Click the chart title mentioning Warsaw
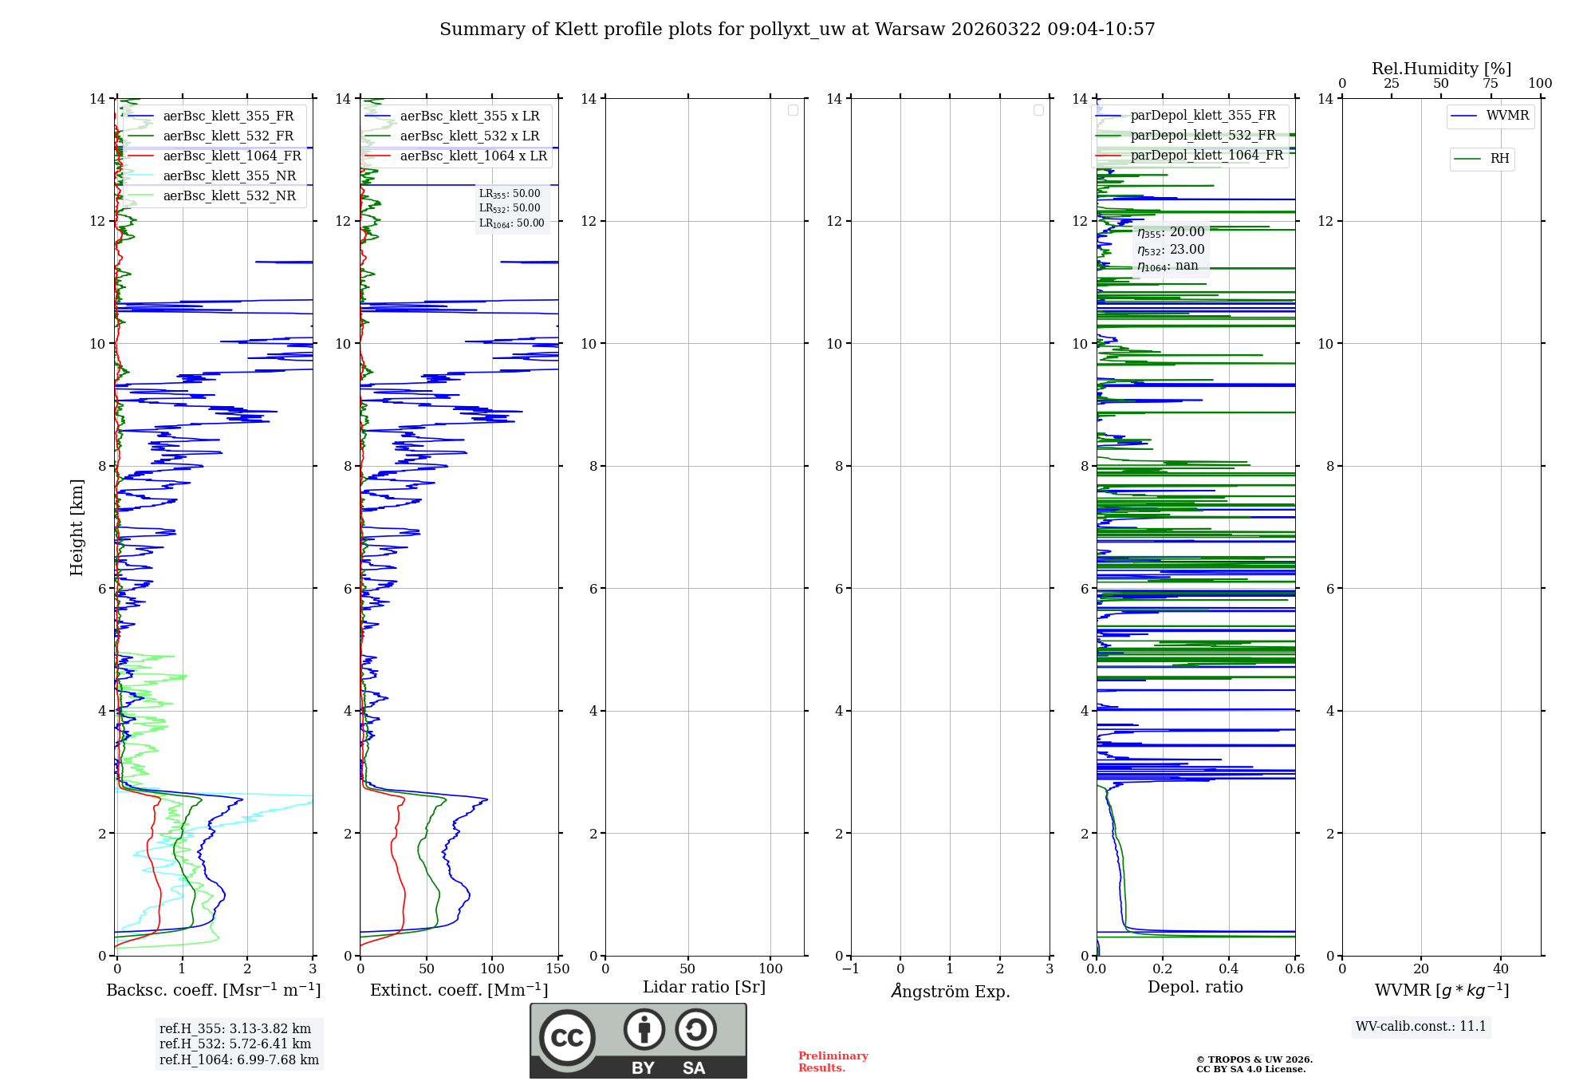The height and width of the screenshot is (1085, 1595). tap(797, 30)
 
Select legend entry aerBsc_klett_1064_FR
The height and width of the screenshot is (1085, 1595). tap(232, 156)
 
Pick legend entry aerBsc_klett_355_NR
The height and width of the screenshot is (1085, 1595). tap(229, 176)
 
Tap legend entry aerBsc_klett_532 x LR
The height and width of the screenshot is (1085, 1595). tap(469, 136)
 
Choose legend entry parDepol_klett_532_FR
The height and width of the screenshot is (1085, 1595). tap(1203, 136)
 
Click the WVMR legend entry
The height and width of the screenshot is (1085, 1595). tap(1507, 116)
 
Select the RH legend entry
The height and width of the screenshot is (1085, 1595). tap(1499, 159)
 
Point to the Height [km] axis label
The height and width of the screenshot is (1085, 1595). tap(77, 527)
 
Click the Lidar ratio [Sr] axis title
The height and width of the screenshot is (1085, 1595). tap(704, 988)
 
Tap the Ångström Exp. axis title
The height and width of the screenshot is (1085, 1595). tap(950, 992)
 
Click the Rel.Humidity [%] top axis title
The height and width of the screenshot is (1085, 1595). tap(1441, 69)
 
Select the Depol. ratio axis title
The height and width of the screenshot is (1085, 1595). tap(1195, 988)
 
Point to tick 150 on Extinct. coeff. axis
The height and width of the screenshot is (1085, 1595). tap(558, 969)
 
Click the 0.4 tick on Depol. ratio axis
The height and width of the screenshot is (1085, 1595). tap(1229, 969)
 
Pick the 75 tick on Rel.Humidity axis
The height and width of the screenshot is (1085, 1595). tap(1491, 84)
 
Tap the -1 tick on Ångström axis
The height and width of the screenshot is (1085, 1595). tap(850, 969)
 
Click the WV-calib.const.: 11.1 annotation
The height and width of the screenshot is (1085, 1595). tap(1421, 1027)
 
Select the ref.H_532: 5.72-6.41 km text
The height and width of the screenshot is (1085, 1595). tap(235, 1044)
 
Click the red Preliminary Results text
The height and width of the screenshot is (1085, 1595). tap(833, 1062)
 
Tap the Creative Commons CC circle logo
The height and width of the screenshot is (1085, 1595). tap(567, 1038)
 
